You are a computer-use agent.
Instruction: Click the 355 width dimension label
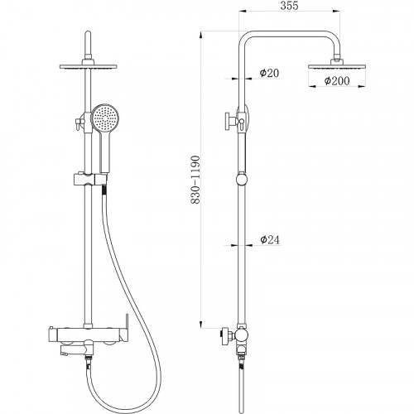click(289, 6)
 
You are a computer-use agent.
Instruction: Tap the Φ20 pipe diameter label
click(269, 73)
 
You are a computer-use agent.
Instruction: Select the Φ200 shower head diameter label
click(337, 81)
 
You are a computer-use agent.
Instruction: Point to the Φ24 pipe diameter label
click(270, 239)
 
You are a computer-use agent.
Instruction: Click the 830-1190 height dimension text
click(195, 180)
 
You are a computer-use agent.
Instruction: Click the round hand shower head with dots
click(105, 118)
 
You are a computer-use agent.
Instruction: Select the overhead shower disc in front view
click(89, 66)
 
